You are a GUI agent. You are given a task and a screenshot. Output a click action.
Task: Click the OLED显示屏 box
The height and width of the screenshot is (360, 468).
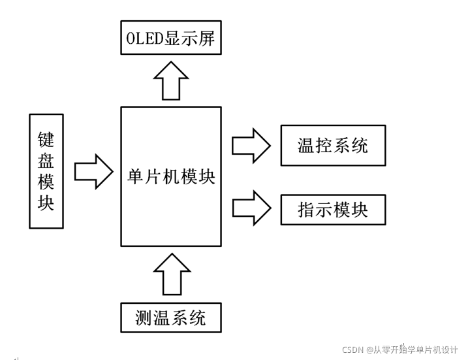[171, 39]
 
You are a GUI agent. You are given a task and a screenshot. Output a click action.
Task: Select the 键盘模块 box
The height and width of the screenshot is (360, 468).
[46, 171]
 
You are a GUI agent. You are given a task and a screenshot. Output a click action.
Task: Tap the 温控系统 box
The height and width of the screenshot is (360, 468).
[333, 145]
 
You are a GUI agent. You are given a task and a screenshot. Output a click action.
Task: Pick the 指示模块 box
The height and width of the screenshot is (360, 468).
[333, 209]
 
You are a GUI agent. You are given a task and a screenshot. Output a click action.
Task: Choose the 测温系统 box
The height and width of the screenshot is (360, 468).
[171, 318]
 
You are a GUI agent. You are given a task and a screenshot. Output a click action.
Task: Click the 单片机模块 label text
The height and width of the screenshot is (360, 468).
[171, 176]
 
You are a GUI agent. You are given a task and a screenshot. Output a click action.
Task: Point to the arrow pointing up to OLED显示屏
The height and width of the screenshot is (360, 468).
[171, 80]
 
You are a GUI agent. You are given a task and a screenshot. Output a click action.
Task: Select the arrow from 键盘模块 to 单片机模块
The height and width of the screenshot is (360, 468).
[95, 171]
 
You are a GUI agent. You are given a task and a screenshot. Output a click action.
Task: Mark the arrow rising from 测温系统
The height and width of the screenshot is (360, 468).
[171, 273]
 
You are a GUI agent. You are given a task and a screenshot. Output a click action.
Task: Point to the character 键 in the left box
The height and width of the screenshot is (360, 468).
[46, 139]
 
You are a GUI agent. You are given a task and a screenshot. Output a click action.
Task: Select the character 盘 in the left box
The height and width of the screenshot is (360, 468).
[46, 161]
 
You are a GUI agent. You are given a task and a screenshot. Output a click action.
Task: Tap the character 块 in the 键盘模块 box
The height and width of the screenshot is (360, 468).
[46, 203]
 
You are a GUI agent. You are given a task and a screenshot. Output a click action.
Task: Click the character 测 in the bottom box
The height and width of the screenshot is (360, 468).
[144, 318]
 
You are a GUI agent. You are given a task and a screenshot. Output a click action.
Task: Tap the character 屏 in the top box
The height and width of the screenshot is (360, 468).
[207, 39]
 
